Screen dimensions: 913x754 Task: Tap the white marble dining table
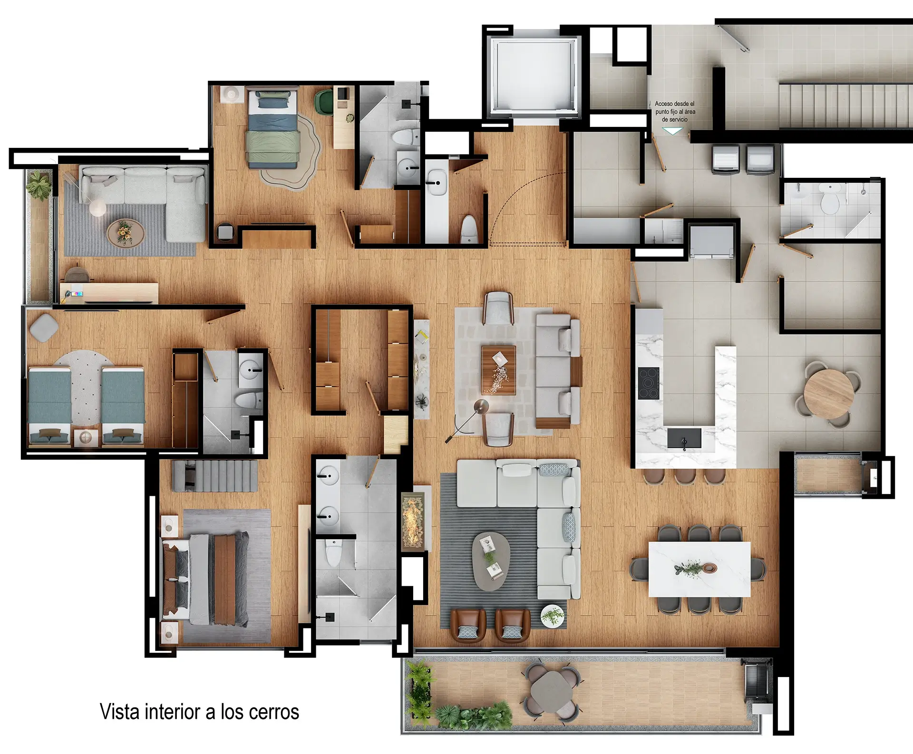coord(699,569)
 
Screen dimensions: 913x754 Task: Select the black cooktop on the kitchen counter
coord(649,383)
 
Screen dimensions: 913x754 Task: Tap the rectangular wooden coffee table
coord(498,370)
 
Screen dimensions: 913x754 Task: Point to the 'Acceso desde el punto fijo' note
coord(675,111)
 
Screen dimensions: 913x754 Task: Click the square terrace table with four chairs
coord(552,692)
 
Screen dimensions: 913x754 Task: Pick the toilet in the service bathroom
coord(829,202)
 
